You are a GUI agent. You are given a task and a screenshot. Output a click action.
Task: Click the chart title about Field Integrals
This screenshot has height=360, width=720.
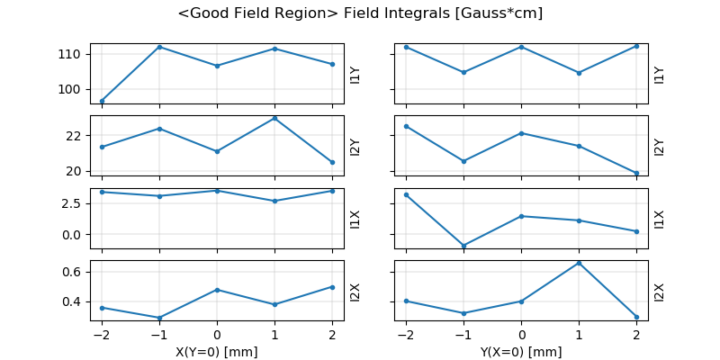pos(360,13)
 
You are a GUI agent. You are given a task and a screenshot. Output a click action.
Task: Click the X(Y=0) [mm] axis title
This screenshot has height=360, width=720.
pos(216,352)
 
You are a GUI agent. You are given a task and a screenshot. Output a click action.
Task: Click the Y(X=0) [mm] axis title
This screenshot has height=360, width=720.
pos(521,352)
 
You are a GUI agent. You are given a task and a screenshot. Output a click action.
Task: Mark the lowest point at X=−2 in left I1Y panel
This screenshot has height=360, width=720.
pos(102,101)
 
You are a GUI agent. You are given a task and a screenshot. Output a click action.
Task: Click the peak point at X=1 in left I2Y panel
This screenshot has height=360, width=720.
pos(274,118)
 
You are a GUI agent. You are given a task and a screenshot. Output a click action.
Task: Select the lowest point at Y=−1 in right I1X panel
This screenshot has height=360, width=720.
pos(463,246)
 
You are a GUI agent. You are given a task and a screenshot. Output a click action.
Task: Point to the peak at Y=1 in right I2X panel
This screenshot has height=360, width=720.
pos(579,263)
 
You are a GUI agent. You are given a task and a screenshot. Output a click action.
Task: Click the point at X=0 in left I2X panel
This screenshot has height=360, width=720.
pos(217,290)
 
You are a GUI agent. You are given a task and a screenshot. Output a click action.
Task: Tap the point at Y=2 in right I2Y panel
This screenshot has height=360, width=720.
pos(636,173)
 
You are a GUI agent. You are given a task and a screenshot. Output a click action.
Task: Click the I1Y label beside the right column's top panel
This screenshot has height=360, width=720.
pos(659,74)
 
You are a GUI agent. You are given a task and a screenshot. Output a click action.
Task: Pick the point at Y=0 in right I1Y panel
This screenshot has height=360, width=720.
pos(521,47)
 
